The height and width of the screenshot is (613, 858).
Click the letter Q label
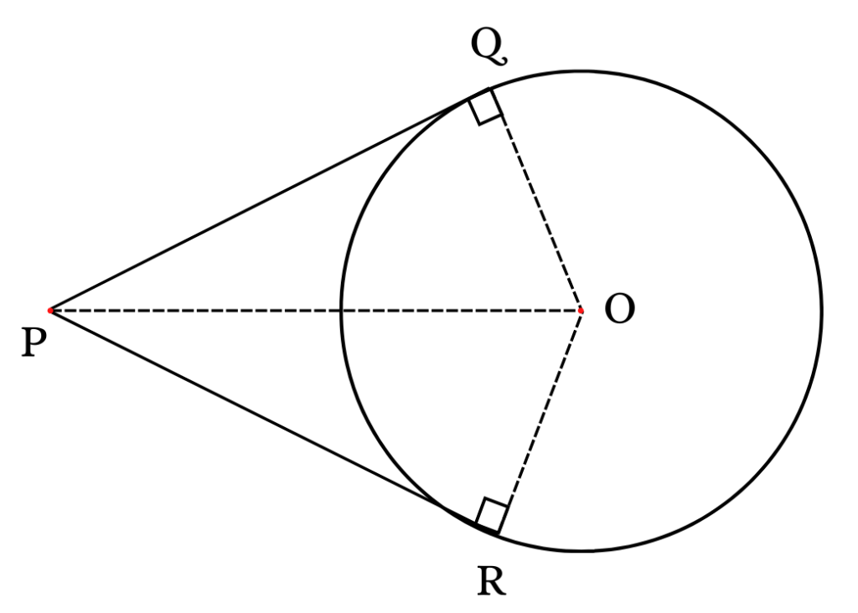tap(488, 47)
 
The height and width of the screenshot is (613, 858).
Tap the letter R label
tap(491, 580)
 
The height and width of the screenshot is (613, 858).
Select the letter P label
tap(34, 344)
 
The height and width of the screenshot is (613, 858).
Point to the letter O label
tap(619, 310)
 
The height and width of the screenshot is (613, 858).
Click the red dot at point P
tap(49, 311)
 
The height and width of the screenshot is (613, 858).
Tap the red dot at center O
tap(581, 312)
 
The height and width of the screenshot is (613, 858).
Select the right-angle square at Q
tap(485, 106)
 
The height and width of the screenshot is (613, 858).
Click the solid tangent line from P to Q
tap(269, 199)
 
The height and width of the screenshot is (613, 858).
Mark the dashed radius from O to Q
tap(535, 199)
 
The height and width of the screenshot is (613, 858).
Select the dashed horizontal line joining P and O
tap(315, 311)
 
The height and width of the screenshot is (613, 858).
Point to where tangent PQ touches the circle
tap(488, 88)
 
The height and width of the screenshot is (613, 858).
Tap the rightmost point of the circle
tap(821, 312)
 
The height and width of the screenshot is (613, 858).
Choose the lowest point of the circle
tap(581, 550)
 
